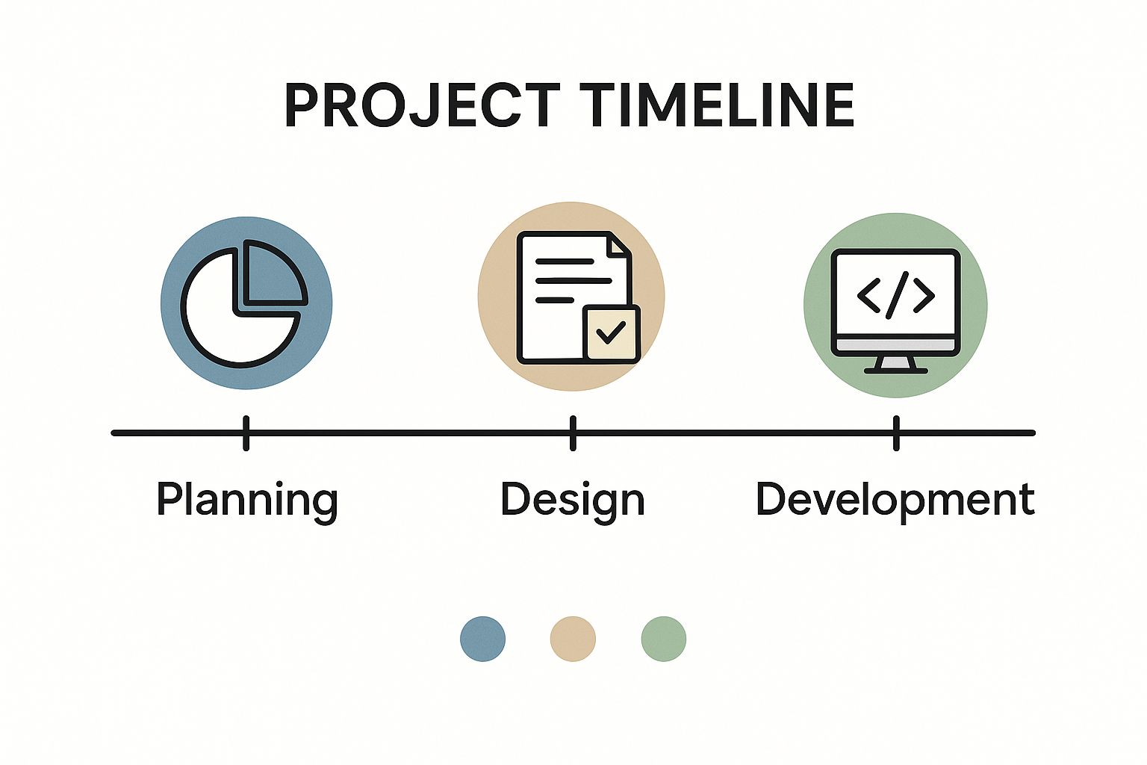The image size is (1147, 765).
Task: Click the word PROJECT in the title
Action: pos(422,105)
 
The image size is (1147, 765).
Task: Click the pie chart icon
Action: pos(244,303)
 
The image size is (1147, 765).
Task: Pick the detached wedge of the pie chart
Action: pos(276,273)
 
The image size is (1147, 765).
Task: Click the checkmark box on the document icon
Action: pos(612,333)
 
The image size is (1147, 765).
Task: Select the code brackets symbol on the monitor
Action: pos(896,296)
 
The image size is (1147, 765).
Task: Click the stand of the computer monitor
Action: pos(896,365)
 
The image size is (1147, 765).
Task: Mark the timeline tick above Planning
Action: pos(246,433)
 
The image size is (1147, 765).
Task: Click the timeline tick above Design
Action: pos(573,433)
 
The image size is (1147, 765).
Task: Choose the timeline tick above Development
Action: pos(896,433)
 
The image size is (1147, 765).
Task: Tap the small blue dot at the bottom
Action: pos(483,639)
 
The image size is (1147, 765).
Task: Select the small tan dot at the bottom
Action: pos(573,639)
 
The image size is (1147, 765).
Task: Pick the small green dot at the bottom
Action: pos(664,639)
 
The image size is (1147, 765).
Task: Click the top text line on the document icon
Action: pos(565,261)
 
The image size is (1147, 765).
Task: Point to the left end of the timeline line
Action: pos(114,433)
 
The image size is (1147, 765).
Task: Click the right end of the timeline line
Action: pos(1033,433)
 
